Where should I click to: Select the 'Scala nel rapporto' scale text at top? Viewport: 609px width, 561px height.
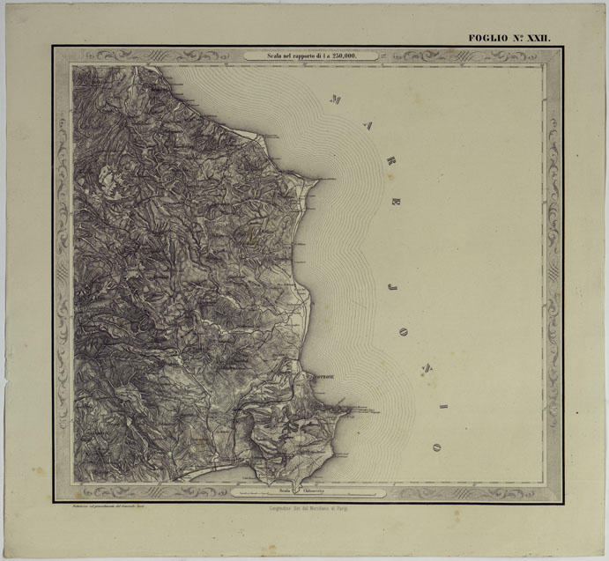coord(312,55)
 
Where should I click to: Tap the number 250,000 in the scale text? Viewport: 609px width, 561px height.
coord(359,55)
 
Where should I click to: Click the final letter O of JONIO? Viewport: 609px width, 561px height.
coord(434,447)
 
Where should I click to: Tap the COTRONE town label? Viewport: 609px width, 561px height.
coord(323,379)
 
